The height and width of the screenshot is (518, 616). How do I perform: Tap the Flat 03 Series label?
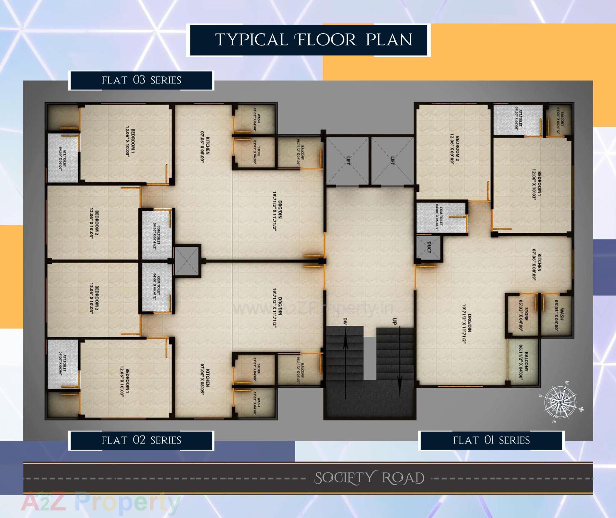pos(141,80)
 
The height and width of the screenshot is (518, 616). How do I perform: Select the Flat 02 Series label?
pos(141,440)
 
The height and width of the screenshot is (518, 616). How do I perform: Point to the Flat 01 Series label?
pos(491,440)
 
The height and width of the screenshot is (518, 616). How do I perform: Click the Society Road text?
pos(369,478)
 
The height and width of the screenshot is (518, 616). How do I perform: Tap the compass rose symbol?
pos(562,402)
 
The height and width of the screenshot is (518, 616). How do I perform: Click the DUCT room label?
pos(429,247)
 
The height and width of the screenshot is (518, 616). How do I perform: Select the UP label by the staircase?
pos(395,321)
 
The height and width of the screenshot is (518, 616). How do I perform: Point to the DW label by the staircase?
pos(345,321)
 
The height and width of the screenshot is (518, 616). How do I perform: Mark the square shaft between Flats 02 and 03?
pos(187,260)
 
